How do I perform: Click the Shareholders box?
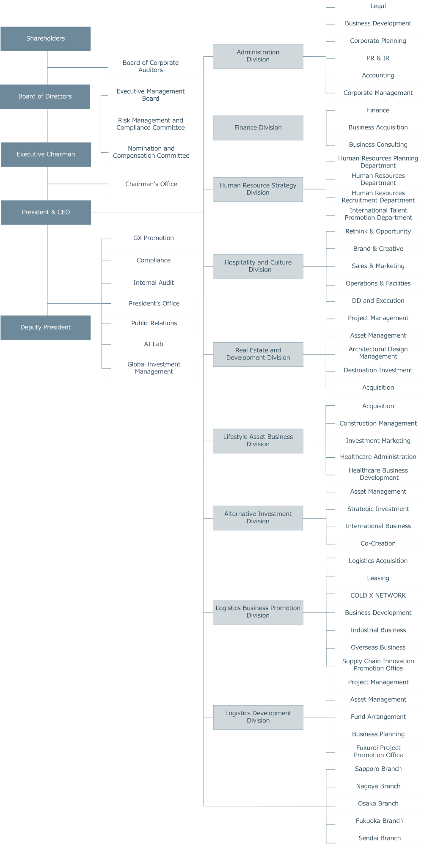tap(45, 39)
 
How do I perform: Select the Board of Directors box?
tap(45, 96)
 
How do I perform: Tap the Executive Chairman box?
tap(46, 154)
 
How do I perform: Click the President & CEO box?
tap(46, 212)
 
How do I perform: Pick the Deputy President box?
tap(45, 327)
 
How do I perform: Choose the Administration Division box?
tap(258, 56)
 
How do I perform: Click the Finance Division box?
tap(258, 128)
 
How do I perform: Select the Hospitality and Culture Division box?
tap(258, 266)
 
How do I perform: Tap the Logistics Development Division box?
tap(258, 717)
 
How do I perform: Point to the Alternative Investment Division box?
tap(258, 518)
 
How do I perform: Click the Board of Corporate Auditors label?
tap(151, 66)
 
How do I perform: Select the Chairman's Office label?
tap(151, 184)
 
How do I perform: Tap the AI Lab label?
tap(154, 344)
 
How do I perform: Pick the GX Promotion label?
tap(154, 238)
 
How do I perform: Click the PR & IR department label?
tap(378, 58)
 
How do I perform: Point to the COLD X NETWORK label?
tap(378, 596)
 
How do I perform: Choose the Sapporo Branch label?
tap(378, 769)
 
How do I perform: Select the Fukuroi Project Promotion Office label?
tap(378, 751)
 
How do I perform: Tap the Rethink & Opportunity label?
tap(378, 231)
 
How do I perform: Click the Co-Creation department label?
tap(378, 544)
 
